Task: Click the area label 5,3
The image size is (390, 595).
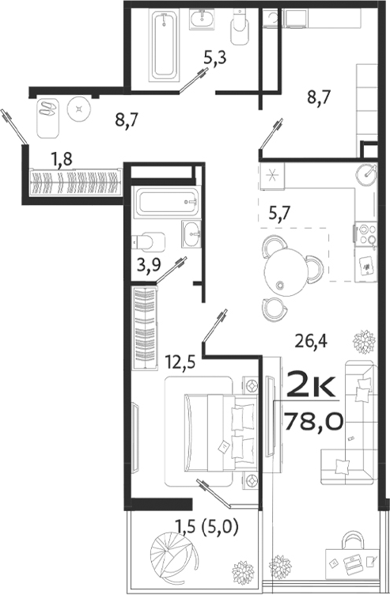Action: click(x=214, y=57)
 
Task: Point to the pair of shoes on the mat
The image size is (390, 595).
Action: click(x=49, y=108)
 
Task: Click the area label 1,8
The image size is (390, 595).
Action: click(x=62, y=159)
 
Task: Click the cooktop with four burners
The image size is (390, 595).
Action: click(x=367, y=234)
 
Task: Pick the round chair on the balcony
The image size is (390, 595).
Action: click(x=168, y=552)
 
